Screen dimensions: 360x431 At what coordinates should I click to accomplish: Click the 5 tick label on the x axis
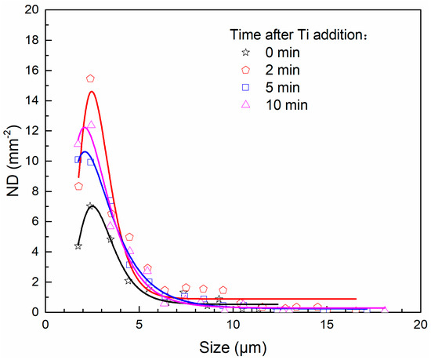pos(139,325)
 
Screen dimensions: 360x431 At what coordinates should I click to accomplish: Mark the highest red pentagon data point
pos(90,78)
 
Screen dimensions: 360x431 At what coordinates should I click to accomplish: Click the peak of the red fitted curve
pos(92,92)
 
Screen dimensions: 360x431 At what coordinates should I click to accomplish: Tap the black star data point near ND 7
pos(90,206)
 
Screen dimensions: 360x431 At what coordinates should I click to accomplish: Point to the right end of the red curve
pos(356,299)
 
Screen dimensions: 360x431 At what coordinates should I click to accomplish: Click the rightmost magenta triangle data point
pos(384,310)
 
